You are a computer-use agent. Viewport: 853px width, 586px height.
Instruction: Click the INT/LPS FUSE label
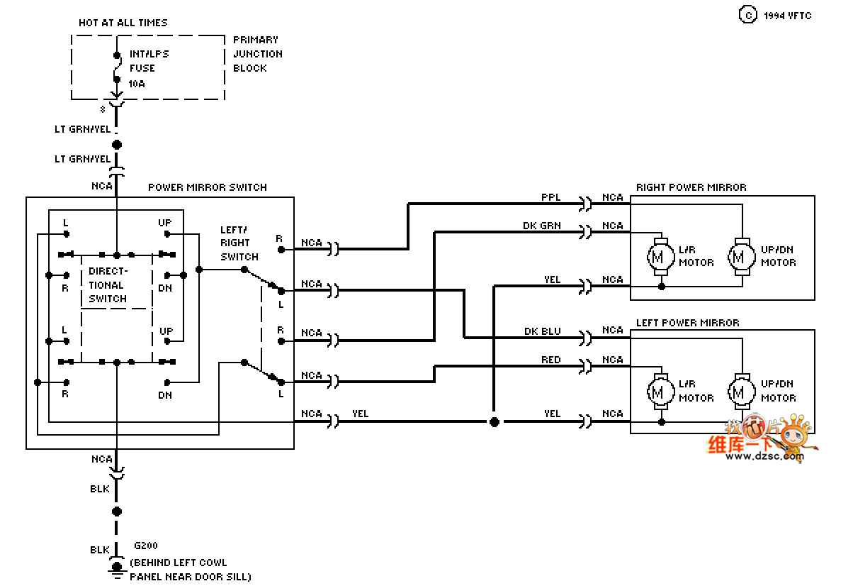pos(149,61)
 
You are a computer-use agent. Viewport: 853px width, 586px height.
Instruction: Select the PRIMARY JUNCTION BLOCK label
pos(258,54)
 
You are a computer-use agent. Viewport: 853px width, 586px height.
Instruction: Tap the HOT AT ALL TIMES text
pos(123,23)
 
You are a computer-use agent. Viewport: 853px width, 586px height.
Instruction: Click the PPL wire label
pos(550,197)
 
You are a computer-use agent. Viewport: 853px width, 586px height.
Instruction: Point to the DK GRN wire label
pos(541,226)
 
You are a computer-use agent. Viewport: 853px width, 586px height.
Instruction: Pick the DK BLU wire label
pos(542,331)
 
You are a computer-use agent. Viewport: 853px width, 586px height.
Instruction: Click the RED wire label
pos(550,360)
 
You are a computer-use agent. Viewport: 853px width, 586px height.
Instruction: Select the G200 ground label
pos(146,546)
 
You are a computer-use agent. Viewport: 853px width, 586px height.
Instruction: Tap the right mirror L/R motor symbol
pos(661,257)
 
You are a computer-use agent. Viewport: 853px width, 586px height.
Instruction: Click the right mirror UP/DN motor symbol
pos(742,257)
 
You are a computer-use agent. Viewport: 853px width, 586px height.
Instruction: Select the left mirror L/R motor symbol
pos(661,392)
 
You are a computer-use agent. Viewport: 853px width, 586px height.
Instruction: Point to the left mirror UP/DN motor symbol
pos(742,392)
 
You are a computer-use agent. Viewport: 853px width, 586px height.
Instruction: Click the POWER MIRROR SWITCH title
pos(208,187)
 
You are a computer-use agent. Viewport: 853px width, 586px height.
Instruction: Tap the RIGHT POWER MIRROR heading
pos(691,187)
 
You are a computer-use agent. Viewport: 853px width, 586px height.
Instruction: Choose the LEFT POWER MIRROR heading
pos(688,323)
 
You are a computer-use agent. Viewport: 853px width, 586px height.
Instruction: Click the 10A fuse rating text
pos(137,84)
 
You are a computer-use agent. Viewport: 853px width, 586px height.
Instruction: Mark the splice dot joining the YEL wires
pos(495,422)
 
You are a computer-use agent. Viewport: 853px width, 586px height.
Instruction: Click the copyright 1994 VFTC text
pos(775,15)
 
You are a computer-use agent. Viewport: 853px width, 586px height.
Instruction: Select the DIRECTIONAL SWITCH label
pos(108,284)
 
